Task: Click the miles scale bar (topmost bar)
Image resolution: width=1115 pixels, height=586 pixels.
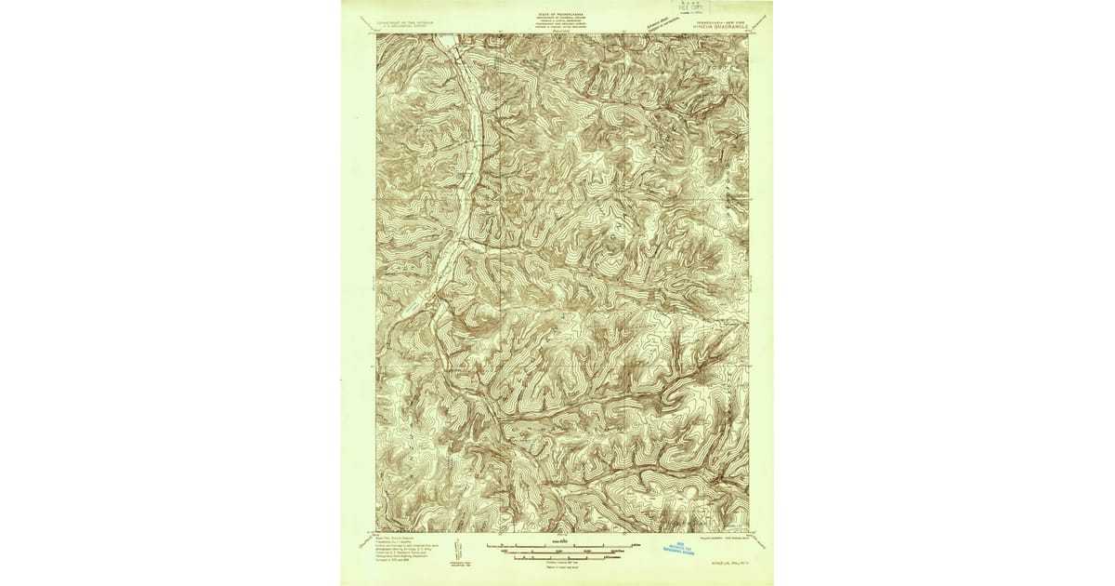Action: pyautogui.click(x=557, y=545)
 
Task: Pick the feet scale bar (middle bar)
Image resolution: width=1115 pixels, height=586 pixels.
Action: pyautogui.click(x=557, y=552)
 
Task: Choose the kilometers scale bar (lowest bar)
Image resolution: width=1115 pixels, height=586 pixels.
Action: pyautogui.click(x=557, y=558)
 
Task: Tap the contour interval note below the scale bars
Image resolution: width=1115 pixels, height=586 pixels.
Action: pyautogui.click(x=557, y=563)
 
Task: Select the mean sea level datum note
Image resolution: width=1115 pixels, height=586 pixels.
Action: pyautogui.click(x=557, y=567)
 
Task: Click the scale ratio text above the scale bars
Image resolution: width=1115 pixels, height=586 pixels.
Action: pyautogui.click(x=557, y=539)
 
